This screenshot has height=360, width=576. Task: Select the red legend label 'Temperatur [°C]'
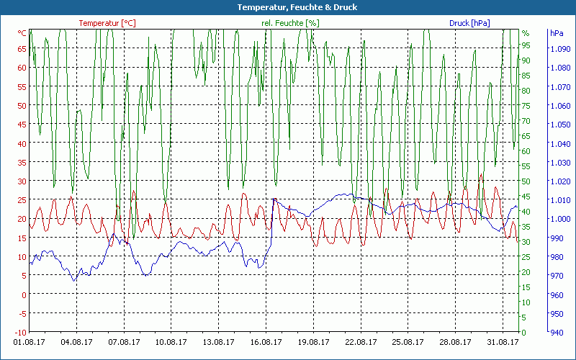107,23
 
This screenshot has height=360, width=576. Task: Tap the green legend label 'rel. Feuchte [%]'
290,23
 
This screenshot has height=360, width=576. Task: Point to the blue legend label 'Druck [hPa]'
469,23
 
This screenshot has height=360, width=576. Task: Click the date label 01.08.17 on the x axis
30,342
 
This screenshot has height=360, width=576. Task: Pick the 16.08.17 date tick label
266,342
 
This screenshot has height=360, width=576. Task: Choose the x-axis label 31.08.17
502,342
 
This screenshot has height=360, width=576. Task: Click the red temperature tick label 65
22,49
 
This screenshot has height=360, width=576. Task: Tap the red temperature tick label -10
21,332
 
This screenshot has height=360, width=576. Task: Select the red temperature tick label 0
24,294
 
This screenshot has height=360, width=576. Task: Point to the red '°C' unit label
22,33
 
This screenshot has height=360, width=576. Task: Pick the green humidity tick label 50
526,181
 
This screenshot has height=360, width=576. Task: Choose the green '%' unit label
526,33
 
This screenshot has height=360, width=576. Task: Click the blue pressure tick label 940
557,332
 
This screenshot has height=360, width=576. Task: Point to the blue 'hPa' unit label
557,33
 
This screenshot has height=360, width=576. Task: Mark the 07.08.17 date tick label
125,342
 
